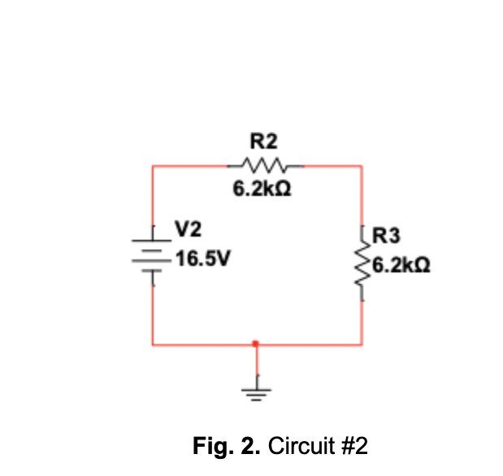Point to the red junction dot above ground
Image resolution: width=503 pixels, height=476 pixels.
(x=257, y=344)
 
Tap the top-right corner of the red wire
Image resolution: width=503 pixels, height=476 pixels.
(x=362, y=166)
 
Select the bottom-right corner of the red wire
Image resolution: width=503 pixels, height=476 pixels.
(x=362, y=344)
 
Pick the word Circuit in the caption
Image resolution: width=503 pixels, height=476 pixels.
(x=298, y=447)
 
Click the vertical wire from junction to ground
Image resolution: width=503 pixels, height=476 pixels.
(x=258, y=362)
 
